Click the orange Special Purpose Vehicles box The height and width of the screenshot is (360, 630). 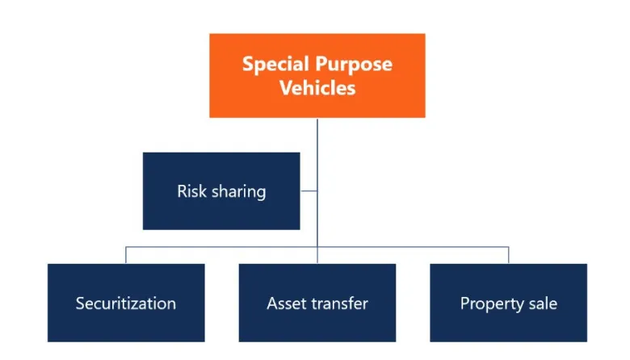[317, 75]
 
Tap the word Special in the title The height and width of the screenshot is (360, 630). [275, 64]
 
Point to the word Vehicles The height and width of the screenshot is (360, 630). [317, 87]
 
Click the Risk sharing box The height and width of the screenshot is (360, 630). [221, 191]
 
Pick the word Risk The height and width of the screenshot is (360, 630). [191, 191]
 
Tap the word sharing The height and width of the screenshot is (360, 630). [238, 192]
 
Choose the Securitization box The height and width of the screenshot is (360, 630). [126, 303]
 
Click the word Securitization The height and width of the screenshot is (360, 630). [126, 303]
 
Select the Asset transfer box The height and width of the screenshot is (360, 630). [317, 303]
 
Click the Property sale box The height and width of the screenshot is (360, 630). [509, 303]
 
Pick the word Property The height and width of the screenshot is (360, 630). [492, 304]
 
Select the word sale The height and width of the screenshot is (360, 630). [543, 303]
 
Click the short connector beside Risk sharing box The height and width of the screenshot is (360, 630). [309, 190]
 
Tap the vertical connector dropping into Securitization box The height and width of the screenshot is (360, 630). [126, 255]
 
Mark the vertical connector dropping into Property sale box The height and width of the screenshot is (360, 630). [509, 255]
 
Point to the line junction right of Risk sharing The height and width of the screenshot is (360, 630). [317, 190]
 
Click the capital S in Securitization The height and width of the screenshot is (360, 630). [80, 303]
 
